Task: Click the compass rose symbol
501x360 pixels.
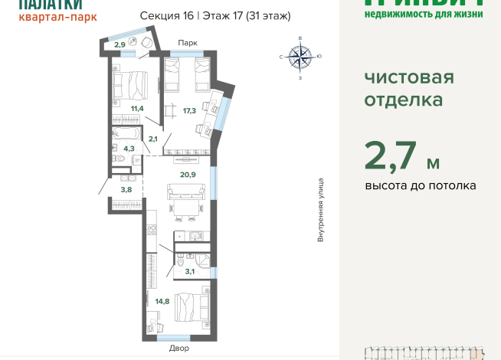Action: [300, 56]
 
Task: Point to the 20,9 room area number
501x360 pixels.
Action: [187, 174]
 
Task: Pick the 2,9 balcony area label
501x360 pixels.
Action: [120, 45]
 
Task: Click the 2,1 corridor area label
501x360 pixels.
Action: [152, 139]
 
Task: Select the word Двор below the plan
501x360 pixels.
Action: [179, 349]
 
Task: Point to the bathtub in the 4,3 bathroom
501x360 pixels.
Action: [126, 133]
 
